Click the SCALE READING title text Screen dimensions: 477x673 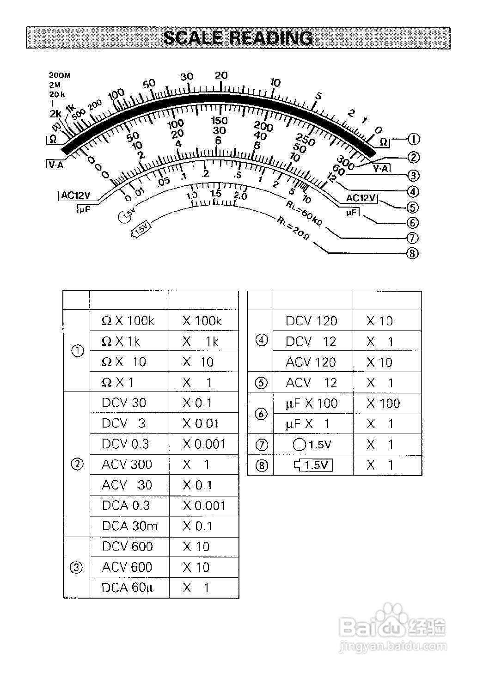click(238, 38)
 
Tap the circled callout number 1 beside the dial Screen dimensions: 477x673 click(413, 139)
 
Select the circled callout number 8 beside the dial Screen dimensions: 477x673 click(412, 253)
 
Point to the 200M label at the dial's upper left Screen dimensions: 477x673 click(60, 75)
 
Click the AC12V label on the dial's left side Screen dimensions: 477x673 click(75, 195)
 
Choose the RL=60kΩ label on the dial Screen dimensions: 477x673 click(304, 214)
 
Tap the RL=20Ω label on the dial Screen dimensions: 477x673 click(293, 228)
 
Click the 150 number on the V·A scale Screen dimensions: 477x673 click(219, 121)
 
